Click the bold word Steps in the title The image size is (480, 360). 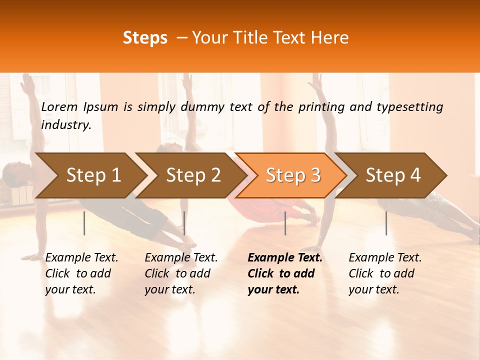point(145,38)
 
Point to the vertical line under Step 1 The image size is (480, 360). point(84,223)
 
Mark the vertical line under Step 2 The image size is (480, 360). point(184,223)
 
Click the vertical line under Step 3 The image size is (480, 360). point(285,223)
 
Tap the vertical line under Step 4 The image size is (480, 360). point(386,223)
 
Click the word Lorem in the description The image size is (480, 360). point(59,107)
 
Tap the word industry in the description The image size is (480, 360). point(66,125)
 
